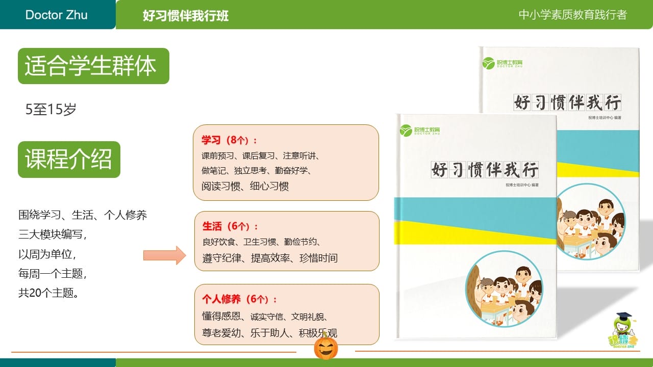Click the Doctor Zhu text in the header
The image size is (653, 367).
point(56,15)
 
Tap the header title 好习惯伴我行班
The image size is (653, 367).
point(185,15)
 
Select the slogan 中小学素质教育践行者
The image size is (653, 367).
point(572,15)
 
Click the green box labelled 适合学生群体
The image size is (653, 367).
point(93,66)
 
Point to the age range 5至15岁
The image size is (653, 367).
point(51,109)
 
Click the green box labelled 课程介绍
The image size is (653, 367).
point(69,160)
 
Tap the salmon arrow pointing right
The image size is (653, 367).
point(165,255)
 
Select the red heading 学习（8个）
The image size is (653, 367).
point(230,140)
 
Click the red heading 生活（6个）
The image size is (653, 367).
point(230,226)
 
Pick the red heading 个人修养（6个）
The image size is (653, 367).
point(239,299)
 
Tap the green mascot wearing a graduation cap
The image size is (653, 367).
point(623,330)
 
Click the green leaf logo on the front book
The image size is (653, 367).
point(406,130)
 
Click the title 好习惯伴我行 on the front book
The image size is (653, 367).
point(485,170)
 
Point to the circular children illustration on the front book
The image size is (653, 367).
point(505,289)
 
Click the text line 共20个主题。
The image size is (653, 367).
point(48,293)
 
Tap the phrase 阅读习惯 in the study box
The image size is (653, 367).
point(221,186)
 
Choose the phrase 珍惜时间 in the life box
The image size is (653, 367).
point(318,258)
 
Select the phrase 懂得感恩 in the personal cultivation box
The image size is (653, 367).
point(221,316)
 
